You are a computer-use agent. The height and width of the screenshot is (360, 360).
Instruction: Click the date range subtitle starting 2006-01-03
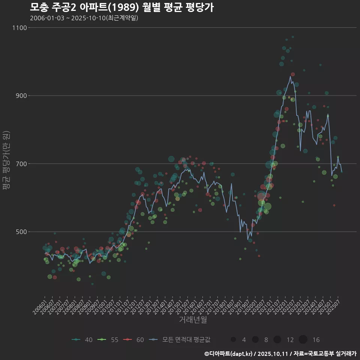[84, 18]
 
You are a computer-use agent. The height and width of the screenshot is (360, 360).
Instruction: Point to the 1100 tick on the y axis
[19, 28]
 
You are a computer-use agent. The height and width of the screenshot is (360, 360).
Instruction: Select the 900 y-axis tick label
[21, 96]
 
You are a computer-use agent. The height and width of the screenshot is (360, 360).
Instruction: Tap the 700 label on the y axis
[21, 164]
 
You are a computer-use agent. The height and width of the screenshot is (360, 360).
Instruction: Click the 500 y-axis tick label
[21, 232]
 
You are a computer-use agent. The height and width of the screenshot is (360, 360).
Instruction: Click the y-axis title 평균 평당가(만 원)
[6, 161]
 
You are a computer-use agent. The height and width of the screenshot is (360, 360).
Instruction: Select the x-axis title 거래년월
[193, 319]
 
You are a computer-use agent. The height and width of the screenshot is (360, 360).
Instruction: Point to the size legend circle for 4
[233, 340]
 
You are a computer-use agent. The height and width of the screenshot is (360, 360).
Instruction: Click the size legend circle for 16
[303, 340]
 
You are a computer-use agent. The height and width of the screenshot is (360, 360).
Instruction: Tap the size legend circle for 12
[277, 340]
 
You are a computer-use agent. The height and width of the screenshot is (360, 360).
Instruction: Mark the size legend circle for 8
[255, 340]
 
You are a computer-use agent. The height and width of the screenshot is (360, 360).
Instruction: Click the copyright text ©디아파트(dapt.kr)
[228, 354]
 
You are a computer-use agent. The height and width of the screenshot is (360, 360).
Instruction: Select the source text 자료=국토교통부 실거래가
[324, 354]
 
